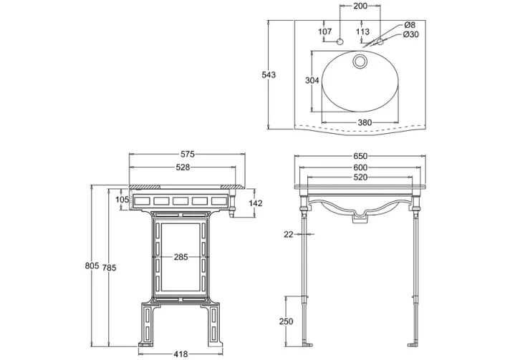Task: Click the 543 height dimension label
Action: [x=269, y=75]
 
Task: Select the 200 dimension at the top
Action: [x=360, y=6]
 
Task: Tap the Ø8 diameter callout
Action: [x=410, y=25]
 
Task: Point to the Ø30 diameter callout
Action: [x=412, y=34]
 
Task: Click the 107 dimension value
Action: [x=324, y=31]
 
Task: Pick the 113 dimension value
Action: [x=362, y=31]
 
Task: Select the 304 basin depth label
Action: [x=312, y=81]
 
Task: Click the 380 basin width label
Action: [x=365, y=122]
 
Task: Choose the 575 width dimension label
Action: [x=188, y=155]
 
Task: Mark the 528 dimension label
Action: [x=183, y=167]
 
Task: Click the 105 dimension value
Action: [x=121, y=200]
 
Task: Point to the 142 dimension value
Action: [x=256, y=204]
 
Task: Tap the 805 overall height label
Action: [x=92, y=266]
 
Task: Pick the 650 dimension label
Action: [x=360, y=155]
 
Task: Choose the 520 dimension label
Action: [x=360, y=177]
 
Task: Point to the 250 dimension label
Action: [x=286, y=321]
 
